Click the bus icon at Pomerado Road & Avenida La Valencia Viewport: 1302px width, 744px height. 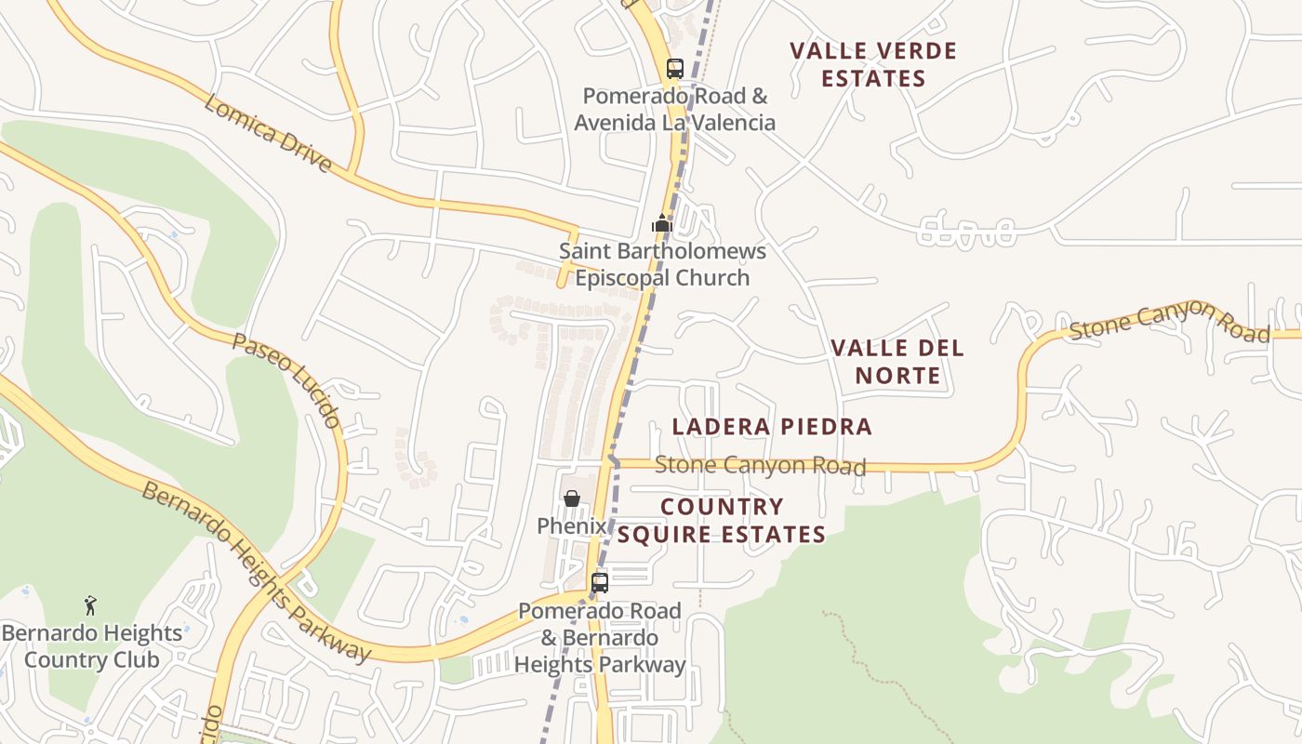tap(675, 69)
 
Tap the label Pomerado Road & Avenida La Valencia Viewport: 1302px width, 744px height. tap(674, 109)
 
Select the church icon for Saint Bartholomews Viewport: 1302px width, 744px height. tap(662, 223)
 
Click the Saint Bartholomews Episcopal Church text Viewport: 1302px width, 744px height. tap(662, 264)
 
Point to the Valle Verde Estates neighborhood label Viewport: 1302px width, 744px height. tap(873, 64)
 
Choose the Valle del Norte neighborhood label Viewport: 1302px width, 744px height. tap(897, 362)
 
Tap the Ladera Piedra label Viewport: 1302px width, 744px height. tap(772, 427)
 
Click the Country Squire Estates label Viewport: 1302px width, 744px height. tap(722, 521)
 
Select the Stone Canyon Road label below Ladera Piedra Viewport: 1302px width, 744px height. tap(760, 465)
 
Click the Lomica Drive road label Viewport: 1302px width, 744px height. tap(268, 133)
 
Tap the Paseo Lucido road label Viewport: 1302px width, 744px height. tap(286, 380)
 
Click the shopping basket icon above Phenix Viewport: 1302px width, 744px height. tap(572, 499)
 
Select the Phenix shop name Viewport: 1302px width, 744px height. tap(571, 525)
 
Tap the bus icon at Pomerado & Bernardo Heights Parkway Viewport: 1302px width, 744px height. tap(600, 583)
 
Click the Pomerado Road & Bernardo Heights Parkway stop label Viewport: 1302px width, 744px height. tap(600, 638)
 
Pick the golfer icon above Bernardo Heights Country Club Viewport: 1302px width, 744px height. tap(90, 606)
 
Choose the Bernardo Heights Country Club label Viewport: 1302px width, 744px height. tap(91, 646)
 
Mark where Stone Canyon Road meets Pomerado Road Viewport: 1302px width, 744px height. tap(612, 461)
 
